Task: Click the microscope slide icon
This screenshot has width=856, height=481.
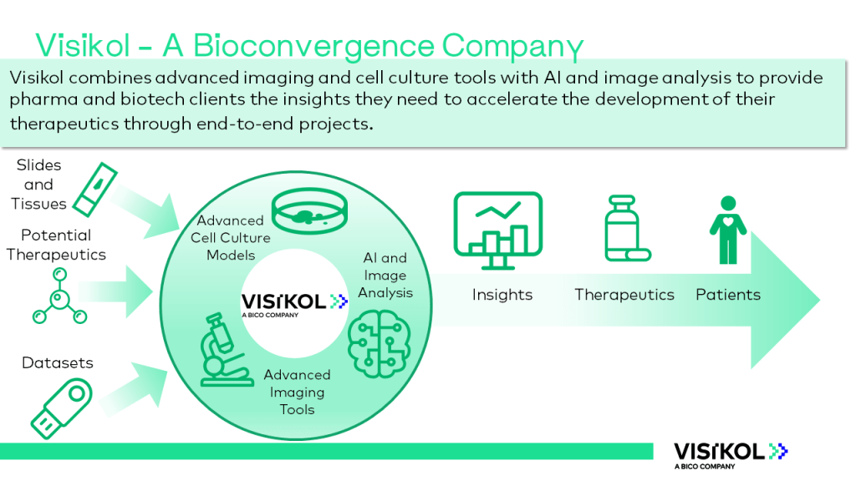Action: pos(95,190)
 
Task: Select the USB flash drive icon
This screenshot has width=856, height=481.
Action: pos(61,408)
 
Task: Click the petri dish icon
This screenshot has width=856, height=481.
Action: pos(309,211)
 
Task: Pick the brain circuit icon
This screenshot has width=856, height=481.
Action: pos(380,343)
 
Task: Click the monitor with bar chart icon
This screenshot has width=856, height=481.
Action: pos(498,230)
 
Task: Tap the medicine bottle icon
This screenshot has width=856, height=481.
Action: pos(627,228)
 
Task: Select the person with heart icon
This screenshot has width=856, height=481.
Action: pos(728,230)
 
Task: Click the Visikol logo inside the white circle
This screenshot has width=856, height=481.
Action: pos(294,304)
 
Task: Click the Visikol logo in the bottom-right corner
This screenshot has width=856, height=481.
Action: pos(731,455)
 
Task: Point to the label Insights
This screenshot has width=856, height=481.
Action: pos(502,295)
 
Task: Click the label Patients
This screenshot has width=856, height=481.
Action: pos(728,295)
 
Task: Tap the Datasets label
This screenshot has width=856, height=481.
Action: pos(58,362)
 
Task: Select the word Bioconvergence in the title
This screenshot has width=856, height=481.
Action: pos(313,46)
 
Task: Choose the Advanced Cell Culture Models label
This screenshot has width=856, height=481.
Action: pos(231,238)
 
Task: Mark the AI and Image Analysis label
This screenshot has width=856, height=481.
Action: pos(385,275)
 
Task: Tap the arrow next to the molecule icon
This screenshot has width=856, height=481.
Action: pos(115,291)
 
